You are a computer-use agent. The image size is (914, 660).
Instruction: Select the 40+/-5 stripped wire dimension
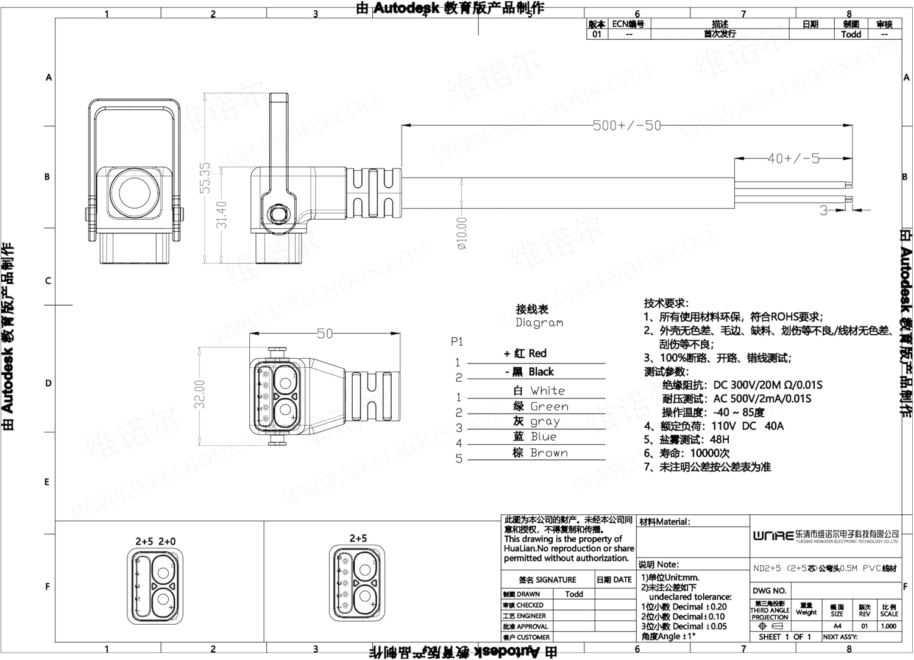point(793,159)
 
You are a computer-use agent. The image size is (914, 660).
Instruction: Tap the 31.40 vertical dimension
point(221,215)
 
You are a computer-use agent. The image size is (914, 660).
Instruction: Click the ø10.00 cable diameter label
point(462,234)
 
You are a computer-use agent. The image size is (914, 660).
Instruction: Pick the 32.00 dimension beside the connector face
point(200,394)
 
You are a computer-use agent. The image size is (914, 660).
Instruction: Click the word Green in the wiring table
point(549,407)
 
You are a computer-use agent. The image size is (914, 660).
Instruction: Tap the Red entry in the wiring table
point(537,354)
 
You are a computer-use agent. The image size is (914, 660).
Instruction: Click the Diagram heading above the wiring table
point(539,323)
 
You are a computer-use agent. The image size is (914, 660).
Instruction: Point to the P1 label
point(457,342)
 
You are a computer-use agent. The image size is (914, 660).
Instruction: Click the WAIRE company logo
point(773,536)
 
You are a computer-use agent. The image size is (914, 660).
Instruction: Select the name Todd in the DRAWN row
point(573,594)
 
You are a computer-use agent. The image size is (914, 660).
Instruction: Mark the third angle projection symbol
point(769,626)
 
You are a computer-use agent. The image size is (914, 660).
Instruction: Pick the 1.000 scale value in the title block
point(888,626)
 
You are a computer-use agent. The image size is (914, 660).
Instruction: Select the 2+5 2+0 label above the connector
point(155,542)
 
